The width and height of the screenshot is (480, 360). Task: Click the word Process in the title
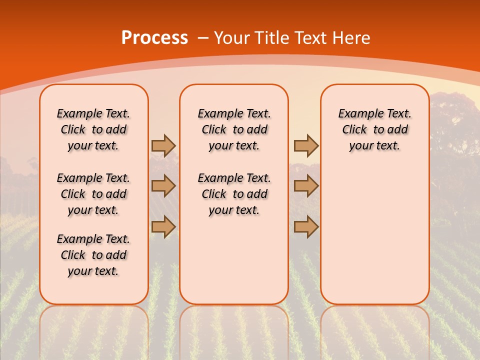pyautogui.click(x=154, y=37)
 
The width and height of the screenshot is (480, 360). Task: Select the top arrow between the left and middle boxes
pyautogui.click(x=163, y=145)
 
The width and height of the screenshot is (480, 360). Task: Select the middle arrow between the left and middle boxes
pyautogui.click(x=163, y=186)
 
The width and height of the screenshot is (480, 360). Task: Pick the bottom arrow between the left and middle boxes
pyautogui.click(x=163, y=226)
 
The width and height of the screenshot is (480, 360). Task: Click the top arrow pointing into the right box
pyautogui.click(x=306, y=145)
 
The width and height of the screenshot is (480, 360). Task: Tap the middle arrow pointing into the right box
pyautogui.click(x=306, y=186)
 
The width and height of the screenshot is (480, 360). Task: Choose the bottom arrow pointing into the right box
pyautogui.click(x=306, y=226)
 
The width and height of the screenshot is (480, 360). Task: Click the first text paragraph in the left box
pyautogui.click(x=93, y=129)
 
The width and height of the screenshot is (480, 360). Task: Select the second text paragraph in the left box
pyautogui.click(x=93, y=194)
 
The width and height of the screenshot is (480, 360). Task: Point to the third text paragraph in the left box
pyautogui.click(x=93, y=255)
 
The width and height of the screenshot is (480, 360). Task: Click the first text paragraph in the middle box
pyautogui.click(x=234, y=129)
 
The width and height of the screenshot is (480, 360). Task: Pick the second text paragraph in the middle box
pyautogui.click(x=234, y=194)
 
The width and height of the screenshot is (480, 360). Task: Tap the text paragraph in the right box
pyautogui.click(x=374, y=129)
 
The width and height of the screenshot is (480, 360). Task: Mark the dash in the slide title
pyautogui.click(x=203, y=38)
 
